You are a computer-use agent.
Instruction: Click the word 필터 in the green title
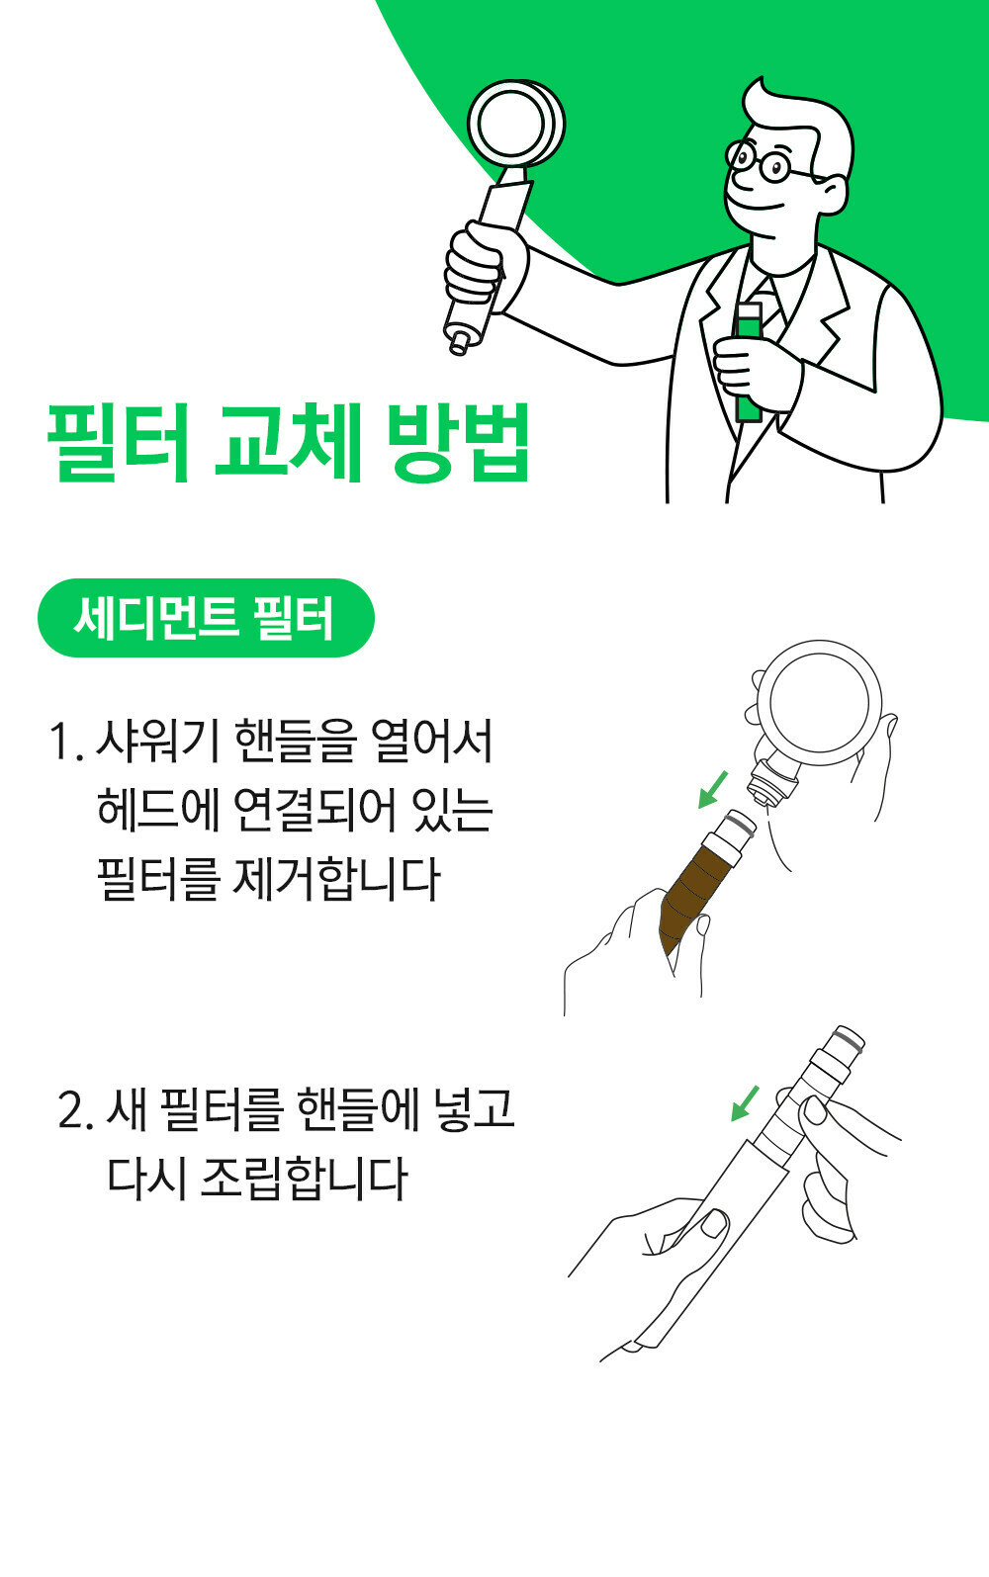119,443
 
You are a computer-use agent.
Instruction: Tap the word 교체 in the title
289,443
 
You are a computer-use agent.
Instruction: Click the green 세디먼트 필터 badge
206,618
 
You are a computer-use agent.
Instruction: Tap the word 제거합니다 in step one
336,879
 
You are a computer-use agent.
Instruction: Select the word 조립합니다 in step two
305,1179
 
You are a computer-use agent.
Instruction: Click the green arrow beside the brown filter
712,790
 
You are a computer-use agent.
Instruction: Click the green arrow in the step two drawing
745,1103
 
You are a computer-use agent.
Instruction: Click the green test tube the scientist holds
748,363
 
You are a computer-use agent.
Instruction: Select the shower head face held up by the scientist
516,124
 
